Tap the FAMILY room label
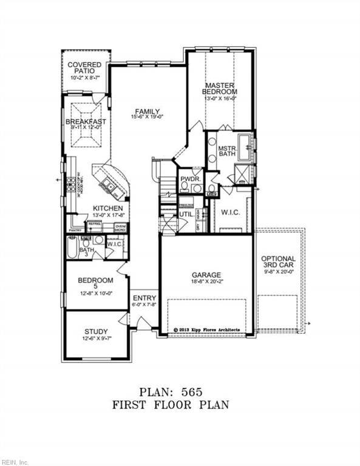pos(148,111)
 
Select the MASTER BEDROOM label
pos(219,89)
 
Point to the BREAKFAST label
pos(86,121)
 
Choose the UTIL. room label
pos(186,215)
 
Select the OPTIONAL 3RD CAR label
pos(279,263)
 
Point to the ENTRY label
pos(144,298)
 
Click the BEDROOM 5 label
pos(96,284)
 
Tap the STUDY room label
pos(96,331)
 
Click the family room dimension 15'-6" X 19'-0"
pos(148,117)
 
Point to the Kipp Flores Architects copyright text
pos(206,330)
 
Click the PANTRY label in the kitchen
pos(75,231)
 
